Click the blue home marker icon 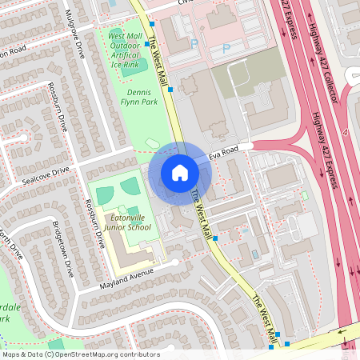[180, 173]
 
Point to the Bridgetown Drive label [62, 249]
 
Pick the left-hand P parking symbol [192, 45]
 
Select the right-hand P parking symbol [226, 48]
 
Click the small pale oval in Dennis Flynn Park [153, 144]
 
